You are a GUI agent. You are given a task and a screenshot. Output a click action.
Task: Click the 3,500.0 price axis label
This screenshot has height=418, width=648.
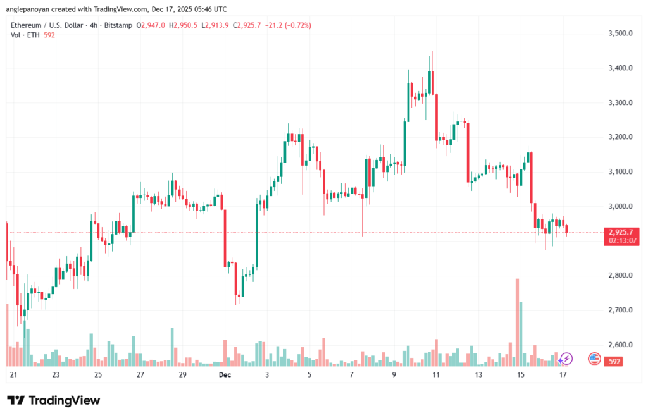tap(620, 33)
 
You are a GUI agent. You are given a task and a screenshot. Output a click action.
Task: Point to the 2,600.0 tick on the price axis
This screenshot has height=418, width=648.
tap(620, 345)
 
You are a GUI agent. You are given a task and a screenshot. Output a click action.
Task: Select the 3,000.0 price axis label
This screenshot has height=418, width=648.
tap(620, 206)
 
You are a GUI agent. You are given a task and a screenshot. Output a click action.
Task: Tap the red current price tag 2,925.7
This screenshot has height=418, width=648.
tap(621, 232)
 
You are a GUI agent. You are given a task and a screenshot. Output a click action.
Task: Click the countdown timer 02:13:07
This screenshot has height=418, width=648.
tap(621, 240)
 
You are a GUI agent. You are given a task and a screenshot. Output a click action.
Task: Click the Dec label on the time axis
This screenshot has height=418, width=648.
tap(225, 375)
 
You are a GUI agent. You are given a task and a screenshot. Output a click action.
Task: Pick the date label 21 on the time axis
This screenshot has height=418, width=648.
tap(13, 375)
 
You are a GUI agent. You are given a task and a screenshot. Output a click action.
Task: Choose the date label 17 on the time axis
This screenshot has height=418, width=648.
tap(563, 375)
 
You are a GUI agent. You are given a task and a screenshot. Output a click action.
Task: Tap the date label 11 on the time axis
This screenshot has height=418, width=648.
tap(436, 375)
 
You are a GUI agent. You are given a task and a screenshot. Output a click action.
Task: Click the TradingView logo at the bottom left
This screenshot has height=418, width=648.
tap(54, 400)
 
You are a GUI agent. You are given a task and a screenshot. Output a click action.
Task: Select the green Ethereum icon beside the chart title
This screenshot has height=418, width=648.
tap(6, 25)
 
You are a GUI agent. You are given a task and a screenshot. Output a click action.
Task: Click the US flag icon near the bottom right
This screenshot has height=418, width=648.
tap(594, 359)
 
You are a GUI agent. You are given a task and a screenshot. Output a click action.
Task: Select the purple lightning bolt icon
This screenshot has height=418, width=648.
tap(566, 359)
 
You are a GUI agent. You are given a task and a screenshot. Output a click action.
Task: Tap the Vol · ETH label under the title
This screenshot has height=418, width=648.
tap(23, 35)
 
